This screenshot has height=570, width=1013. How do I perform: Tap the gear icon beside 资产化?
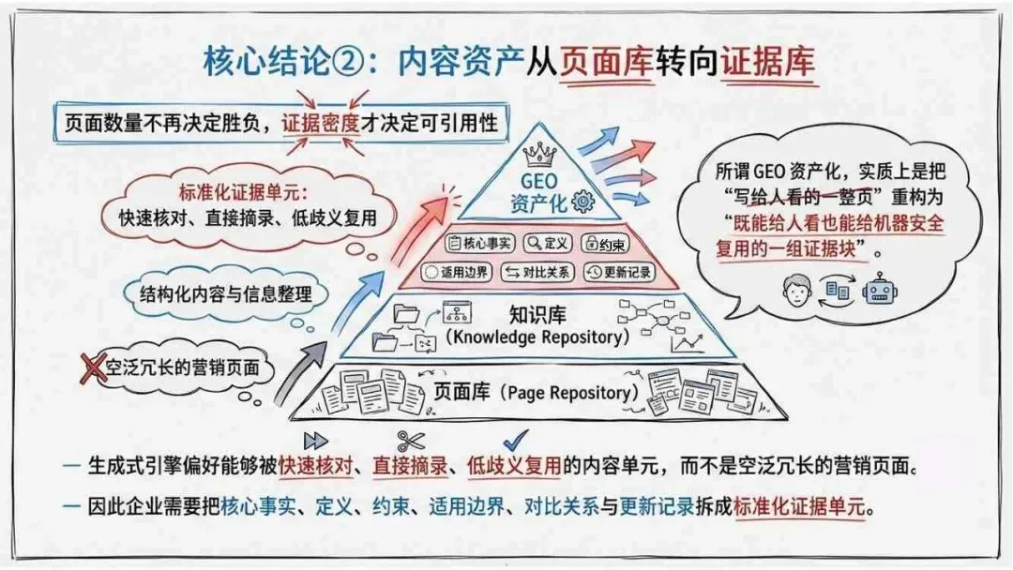[x=582, y=200]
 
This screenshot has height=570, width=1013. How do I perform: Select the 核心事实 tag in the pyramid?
[x=480, y=244]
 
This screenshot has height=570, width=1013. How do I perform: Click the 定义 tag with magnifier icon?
[x=548, y=244]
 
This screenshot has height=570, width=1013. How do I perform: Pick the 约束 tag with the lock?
[x=604, y=244]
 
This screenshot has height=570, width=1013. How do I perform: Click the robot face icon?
[x=880, y=291]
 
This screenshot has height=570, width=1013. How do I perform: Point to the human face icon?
[x=795, y=291]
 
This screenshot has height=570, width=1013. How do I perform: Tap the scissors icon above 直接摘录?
[x=411, y=440]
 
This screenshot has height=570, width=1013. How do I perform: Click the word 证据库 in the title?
[x=767, y=61]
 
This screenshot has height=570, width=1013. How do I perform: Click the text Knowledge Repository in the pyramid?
[x=536, y=336]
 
